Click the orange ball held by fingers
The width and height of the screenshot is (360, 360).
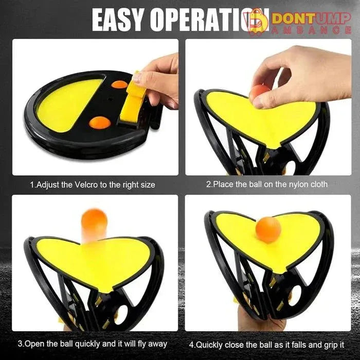coord(258,94)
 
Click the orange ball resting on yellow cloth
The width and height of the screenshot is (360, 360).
coord(268,229)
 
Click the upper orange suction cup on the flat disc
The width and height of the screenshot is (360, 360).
coord(119,84)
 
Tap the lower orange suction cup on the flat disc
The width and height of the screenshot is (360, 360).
coord(99,122)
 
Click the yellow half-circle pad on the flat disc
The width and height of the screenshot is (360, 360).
coord(69,103)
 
